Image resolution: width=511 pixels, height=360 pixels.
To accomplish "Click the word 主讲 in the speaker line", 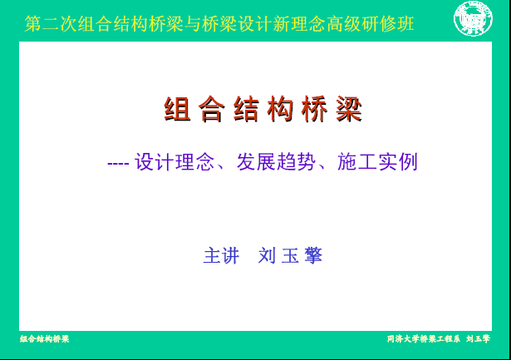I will pyautogui.click(x=222, y=256).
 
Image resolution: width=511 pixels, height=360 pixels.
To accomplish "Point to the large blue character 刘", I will pyautogui.click(x=268, y=256).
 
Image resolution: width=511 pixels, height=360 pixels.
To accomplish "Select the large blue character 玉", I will pyautogui.click(x=290, y=256).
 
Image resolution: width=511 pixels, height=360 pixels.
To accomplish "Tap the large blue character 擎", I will pyautogui.click(x=313, y=256).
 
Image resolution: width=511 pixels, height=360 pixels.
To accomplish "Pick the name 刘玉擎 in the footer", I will pyautogui.click(x=478, y=339).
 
